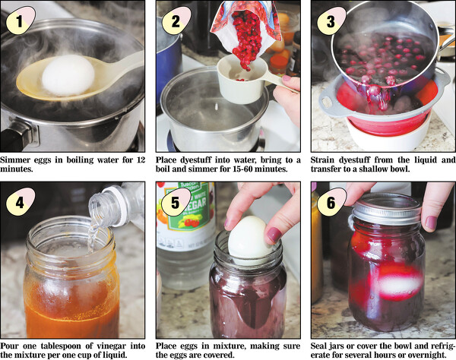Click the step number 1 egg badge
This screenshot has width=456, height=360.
pyautogui.click(x=20, y=21)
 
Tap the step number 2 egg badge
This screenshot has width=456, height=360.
pyautogui.click(x=176, y=21)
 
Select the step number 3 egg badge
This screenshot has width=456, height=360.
pyautogui.click(x=331, y=21)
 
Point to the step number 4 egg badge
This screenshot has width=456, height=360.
pyautogui.click(x=20, y=201)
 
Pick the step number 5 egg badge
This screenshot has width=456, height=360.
pyautogui.click(x=176, y=201)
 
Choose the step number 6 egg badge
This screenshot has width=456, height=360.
pyautogui.click(x=331, y=201)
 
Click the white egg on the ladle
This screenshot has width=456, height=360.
pyautogui.click(x=68, y=75)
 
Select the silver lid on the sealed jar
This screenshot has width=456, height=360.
pyautogui.click(x=387, y=210)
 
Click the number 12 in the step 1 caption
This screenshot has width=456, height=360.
pyautogui.click(x=141, y=159)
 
